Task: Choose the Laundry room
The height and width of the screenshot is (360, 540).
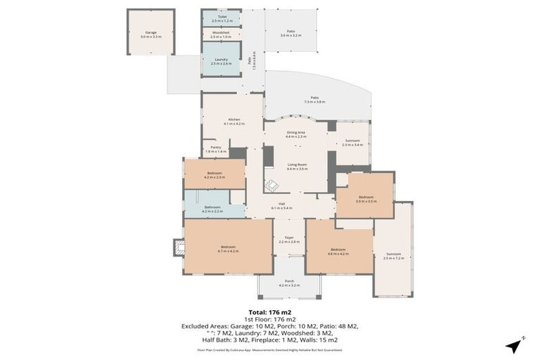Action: coord(221,61)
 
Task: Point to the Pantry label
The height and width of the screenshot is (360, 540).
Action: coord(216,149)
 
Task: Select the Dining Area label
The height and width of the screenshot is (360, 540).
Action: coord(296,134)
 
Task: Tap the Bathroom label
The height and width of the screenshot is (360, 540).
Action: coord(212,209)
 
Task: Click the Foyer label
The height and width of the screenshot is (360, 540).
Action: coord(289,240)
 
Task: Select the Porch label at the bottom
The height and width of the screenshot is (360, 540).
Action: coord(289,283)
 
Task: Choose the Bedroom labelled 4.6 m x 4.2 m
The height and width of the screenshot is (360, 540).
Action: coord(338,251)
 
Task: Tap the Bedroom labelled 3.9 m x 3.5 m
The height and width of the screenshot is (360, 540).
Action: coord(366,199)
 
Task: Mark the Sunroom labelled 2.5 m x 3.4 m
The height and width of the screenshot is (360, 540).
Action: coord(353,143)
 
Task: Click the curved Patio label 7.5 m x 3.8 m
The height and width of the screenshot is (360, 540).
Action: coord(314,100)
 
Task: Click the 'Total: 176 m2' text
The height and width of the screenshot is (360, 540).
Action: coord(270,311)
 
